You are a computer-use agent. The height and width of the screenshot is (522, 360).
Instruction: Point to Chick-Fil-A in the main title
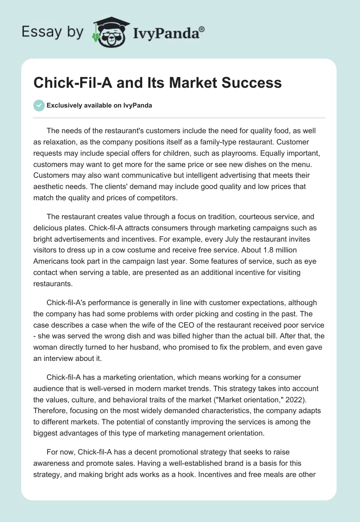[72, 83]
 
